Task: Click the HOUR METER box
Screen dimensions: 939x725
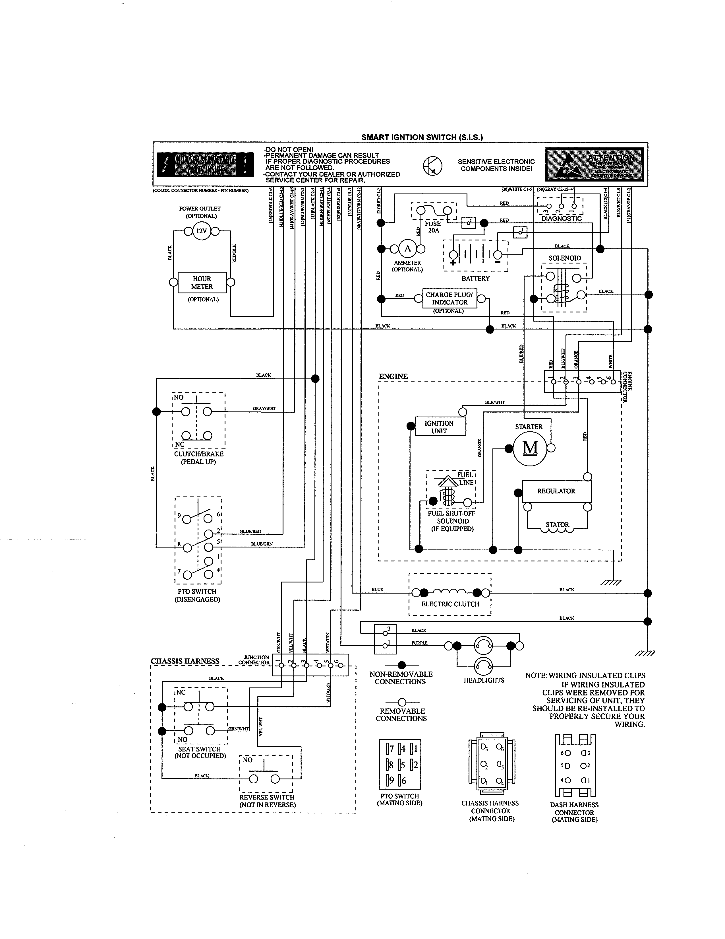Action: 202,283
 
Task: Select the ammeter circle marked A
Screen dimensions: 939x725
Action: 408,248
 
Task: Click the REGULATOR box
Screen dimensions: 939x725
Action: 556,491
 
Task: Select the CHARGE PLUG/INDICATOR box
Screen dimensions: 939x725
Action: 449,298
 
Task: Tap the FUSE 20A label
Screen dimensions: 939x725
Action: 433,227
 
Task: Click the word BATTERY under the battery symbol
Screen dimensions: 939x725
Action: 475,278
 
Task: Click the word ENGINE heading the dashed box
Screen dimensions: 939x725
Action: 393,376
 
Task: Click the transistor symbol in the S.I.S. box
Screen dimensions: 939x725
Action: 432,166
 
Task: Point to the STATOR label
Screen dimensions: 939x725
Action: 557,524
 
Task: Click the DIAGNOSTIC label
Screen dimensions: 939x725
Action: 561,219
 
